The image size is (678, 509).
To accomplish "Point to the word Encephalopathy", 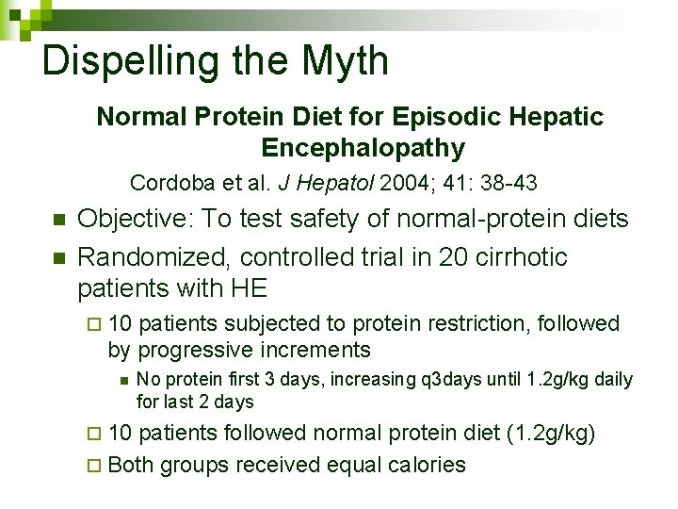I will point(363,148).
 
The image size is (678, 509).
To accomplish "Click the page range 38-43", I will point(506,182).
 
